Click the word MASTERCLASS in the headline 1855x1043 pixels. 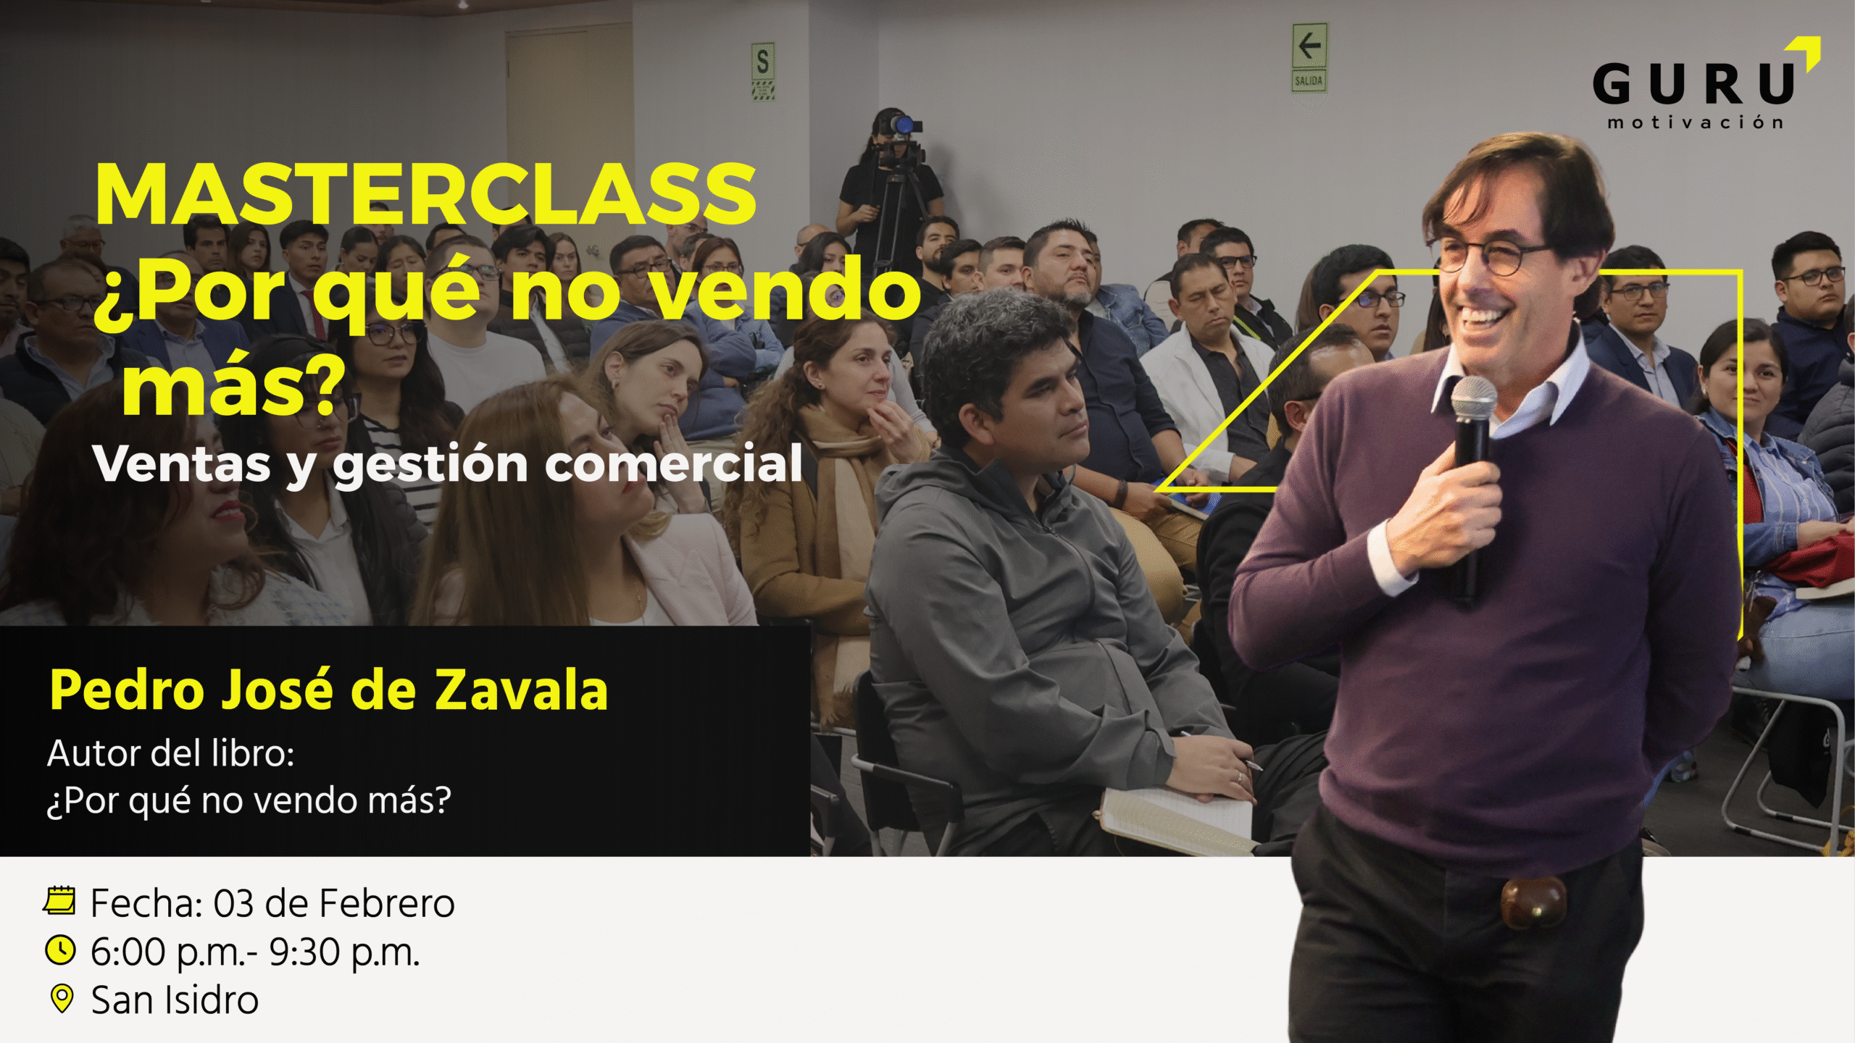(426, 194)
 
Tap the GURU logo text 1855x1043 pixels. (1693, 84)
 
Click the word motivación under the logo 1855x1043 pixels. (1695, 122)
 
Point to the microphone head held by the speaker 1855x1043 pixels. (1473, 398)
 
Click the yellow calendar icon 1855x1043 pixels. (59, 900)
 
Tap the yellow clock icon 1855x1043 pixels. (60, 950)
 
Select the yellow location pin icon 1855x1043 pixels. (62, 999)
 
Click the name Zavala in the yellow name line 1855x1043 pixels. (521, 690)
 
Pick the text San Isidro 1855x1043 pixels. (175, 1000)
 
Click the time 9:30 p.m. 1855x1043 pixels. (344, 952)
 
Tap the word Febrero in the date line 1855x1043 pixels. (386, 903)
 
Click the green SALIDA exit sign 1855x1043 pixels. (1309, 58)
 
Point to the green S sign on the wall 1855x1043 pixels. (763, 71)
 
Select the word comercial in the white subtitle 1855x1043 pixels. (674, 464)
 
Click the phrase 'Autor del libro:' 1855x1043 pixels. (171, 753)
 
